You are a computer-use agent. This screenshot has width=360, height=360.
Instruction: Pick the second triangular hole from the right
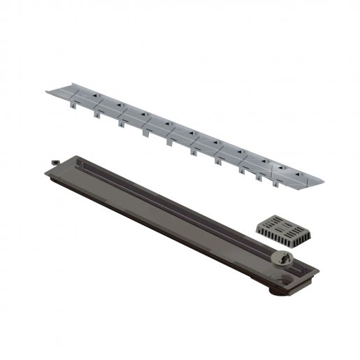(266, 159)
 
